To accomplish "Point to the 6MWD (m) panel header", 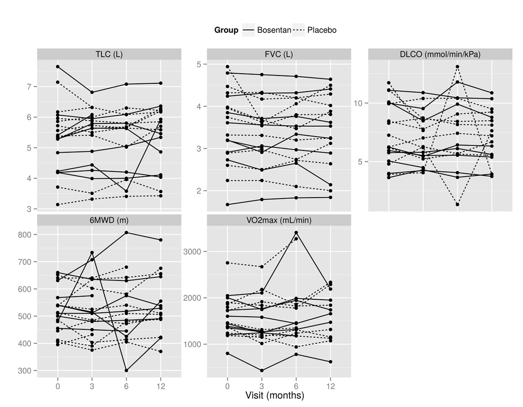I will pyautogui.click(x=109, y=220).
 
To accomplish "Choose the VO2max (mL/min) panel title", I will pyautogui.click(x=279, y=220).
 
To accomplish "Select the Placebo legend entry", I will pyautogui.click(x=315, y=30).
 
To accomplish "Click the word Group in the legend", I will pyautogui.click(x=226, y=30).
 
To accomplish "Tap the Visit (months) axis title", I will pyautogui.click(x=275, y=396).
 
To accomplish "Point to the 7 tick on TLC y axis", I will pyautogui.click(x=30, y=87).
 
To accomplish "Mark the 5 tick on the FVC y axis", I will pyautogui.click(x=202, y=65).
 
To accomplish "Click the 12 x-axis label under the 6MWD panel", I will pyautogui.click(x=161, y=385).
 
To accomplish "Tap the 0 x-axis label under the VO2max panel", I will pyautogui.click(x=228, y=385).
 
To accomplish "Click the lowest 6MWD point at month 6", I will pyautogui.click(x=126, y=370).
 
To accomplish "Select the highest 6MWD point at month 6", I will pyautogui.click(x=126, y=233).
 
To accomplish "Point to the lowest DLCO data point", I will pyautogui.click(x=457, y=205).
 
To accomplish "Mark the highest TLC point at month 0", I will pyautogui.click(x=58, y=66).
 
